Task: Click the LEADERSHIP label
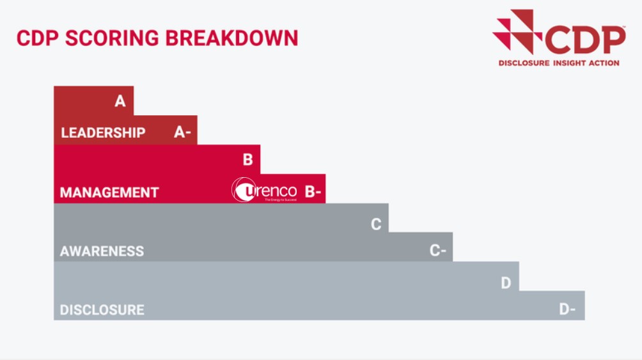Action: click(x=103, y=133)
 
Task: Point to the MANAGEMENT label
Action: click(x=109, y=192)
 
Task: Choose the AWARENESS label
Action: click(x=102, y=251)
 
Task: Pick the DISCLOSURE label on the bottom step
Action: click(x=102, y=310)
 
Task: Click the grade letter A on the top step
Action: click(x=120, y=101)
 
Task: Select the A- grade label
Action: click(x=182, y=132)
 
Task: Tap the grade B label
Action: click(x=247, y=160)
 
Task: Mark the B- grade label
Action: click(x=313, y=191)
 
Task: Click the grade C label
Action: click(x=376, y=224)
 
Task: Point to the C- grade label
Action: click(x=437, y=251)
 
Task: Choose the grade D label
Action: click(x=506, y=283)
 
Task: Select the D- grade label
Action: click(x=567, y=309)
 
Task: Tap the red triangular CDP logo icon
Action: click(x=514, y=30)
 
